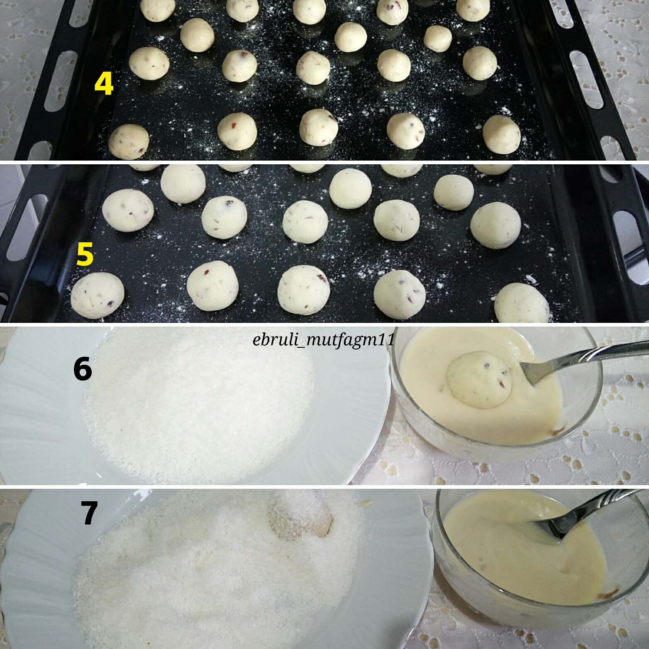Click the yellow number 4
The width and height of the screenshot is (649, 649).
(x=104, y=84)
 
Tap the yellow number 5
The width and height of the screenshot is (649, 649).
(x=85, y=254)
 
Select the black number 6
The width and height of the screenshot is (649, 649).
(x=83, y=369)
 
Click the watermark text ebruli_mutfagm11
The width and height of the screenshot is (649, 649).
(x=324, y=341)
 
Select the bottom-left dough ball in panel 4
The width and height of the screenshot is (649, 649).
(x=129, y=141)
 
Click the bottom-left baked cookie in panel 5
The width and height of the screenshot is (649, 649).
(x=98, y=295)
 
